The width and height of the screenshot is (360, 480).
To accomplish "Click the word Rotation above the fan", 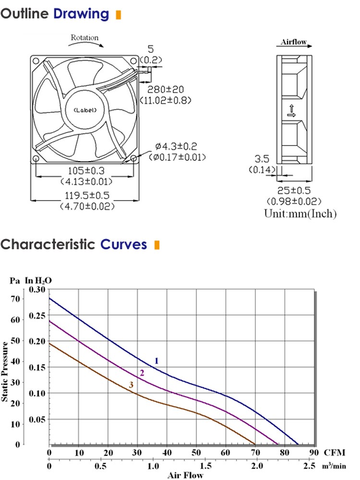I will [84, 38].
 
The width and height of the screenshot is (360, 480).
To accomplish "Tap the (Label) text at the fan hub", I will [85, 110].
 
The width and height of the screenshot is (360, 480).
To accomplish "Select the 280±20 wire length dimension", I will [165, 90].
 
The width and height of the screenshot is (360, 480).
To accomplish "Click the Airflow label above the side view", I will [294, 42].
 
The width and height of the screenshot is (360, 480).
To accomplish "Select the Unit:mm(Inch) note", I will [300, 214].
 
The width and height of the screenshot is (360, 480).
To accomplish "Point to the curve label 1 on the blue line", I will [156, 360].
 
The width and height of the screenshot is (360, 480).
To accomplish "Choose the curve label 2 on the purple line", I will [142, 373].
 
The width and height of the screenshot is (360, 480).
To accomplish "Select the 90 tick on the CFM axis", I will [314, 453].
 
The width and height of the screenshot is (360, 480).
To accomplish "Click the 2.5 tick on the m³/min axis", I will [310, 466].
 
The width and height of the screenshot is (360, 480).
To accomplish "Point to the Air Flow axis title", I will [185, 475].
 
